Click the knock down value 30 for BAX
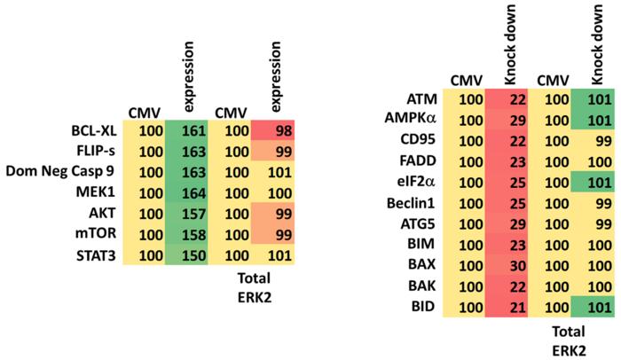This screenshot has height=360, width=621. click(516, 265)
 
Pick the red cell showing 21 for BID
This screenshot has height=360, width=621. click(516, 306)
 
